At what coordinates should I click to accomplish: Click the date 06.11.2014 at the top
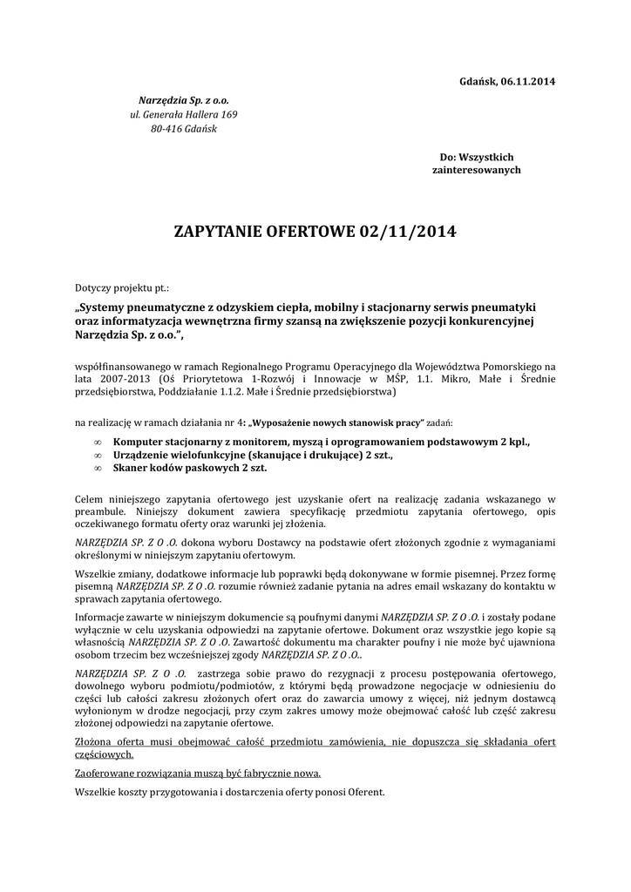click(x=527, y=82)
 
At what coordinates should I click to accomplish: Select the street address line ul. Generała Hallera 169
click(x=183, y=114)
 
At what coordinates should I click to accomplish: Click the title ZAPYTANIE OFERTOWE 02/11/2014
click(x=315, y=233)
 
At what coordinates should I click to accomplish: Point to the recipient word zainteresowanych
click(x=477, y=170)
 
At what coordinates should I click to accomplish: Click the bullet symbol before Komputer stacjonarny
click(x=97, y=443)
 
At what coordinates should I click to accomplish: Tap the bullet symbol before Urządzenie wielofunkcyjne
click(x=97, y=455)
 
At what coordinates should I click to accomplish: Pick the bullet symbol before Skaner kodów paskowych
click(x=97, y=468)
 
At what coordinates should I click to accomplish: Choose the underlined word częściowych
click(x=104, y=754)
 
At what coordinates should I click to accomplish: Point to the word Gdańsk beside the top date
click(x=476, y=82)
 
